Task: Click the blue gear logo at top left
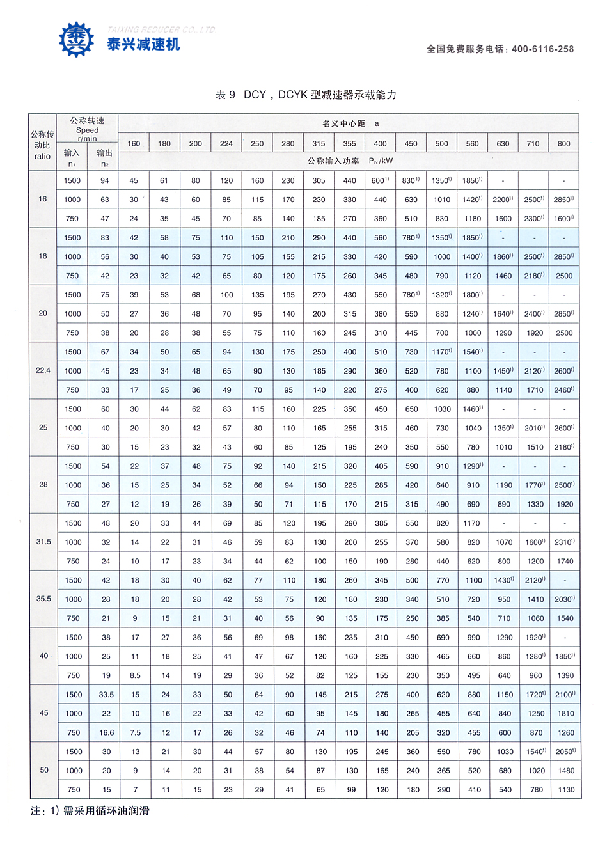coord(76,40)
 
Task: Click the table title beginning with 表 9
coord(306,95)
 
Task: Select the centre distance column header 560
coord(472,144)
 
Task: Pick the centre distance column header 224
coord(226,144)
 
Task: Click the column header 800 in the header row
coord(563,144)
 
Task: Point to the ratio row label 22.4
coord(43,370)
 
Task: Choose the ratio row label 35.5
coord(43,599)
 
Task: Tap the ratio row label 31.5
coord(43,542)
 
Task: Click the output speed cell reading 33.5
coord(106,695)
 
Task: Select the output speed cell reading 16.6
coord(106,733)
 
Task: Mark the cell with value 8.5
coord(135,675)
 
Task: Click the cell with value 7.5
coord(135,733)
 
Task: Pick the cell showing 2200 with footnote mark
coord(503,200)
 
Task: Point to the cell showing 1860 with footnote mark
coord(503,256)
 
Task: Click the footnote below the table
coord(90,811)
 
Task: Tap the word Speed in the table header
coord(87,130)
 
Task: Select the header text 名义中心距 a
coord(350,123)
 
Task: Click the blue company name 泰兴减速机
coord(143,44)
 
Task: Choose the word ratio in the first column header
coord(42,156)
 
